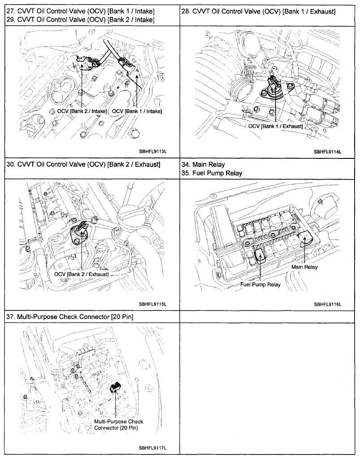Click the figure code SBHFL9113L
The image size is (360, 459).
click(x=152, y=152)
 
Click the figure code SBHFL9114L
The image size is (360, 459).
click(x=328, y=152)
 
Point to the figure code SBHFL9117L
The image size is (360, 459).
click(x=152, y=448)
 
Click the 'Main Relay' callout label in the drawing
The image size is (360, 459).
click(x=304, y=267)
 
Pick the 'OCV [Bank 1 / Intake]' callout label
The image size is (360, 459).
click(x=137, y=111)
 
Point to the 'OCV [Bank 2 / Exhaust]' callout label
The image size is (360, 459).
click(x=81, y=274)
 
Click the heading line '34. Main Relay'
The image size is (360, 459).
click(x=204, y=164)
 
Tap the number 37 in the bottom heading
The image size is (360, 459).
click(x=10, y=317)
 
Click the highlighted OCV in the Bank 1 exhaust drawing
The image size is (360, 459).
click(x=273, y=85)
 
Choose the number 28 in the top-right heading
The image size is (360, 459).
click(x=186, y=11)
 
